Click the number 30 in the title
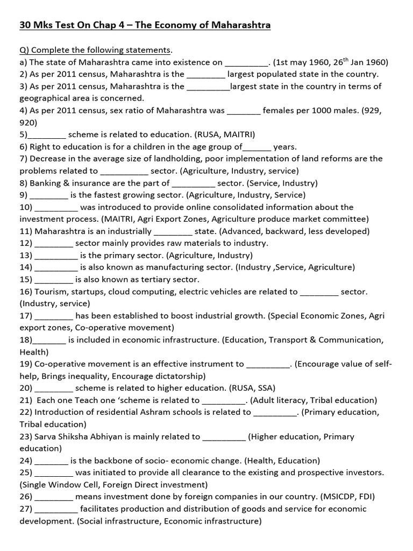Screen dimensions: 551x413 25,25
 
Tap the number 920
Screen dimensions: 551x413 27,123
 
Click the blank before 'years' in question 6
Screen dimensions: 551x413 257,147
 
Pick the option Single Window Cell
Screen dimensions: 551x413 57,485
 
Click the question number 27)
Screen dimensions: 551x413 26,509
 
